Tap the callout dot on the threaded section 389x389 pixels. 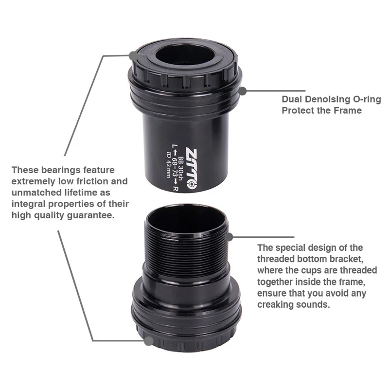click(230, 237)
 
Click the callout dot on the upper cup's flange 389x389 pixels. click(133, 54)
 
